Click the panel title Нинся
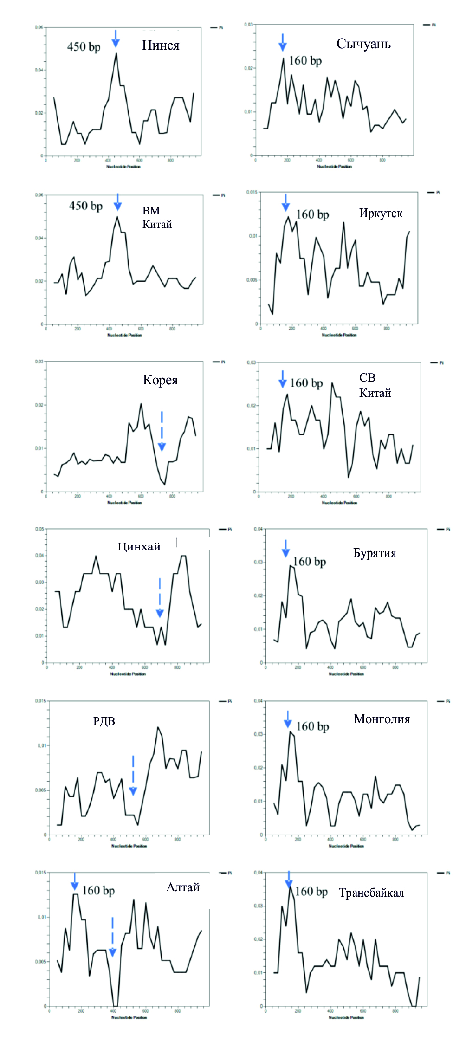click(x=160, y=45)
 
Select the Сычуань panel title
click(x=363, y=44)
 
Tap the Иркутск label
click(x=381, y=214)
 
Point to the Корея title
click(x=160, y=380)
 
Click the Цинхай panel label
click(x=139, y=547)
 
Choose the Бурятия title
click(x=375, y=553)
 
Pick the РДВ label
click(x=104, y=721)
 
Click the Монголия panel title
click(x=382, y=719)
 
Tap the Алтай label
click(x=183, y=887)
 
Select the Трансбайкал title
click(x=371, y=893)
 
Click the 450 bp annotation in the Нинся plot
click(x=84, y=47)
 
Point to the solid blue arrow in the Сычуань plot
click(x=283, y=42)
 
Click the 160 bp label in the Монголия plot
click(x=312, y=726)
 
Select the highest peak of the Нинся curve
click(x=116, y=54)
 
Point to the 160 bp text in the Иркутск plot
click(x=312, y=214)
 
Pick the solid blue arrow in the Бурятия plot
click(x=286, y=548)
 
